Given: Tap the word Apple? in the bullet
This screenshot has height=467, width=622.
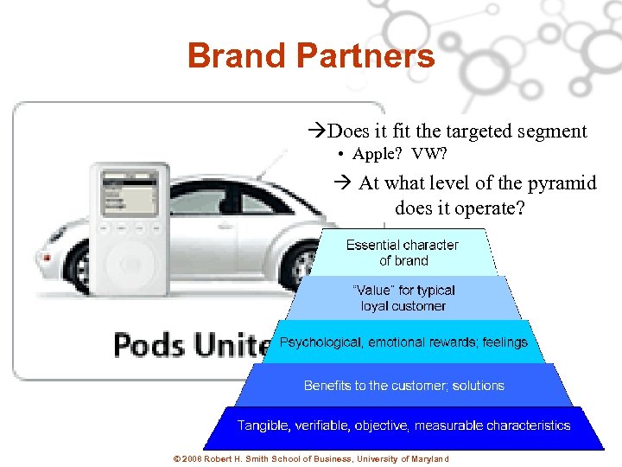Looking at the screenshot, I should pos(378,156).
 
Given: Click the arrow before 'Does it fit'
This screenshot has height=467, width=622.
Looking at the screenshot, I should pos(317,132).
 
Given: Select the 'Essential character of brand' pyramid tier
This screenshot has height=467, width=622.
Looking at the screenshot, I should pos(402,253).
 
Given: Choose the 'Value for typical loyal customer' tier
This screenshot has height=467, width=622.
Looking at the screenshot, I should pos(403,297).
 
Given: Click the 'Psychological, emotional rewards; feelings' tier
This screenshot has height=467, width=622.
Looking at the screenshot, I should pos(403,342).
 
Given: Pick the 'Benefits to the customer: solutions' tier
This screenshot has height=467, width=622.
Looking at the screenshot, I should pos(403,386).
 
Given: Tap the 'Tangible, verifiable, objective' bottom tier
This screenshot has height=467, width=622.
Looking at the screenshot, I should pos(403,425).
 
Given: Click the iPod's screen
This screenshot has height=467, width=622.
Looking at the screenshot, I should pos(129,194).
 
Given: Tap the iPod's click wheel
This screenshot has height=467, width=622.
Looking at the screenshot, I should pos(130,265).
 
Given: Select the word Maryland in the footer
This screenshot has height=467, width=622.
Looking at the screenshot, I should pos(428,458).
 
